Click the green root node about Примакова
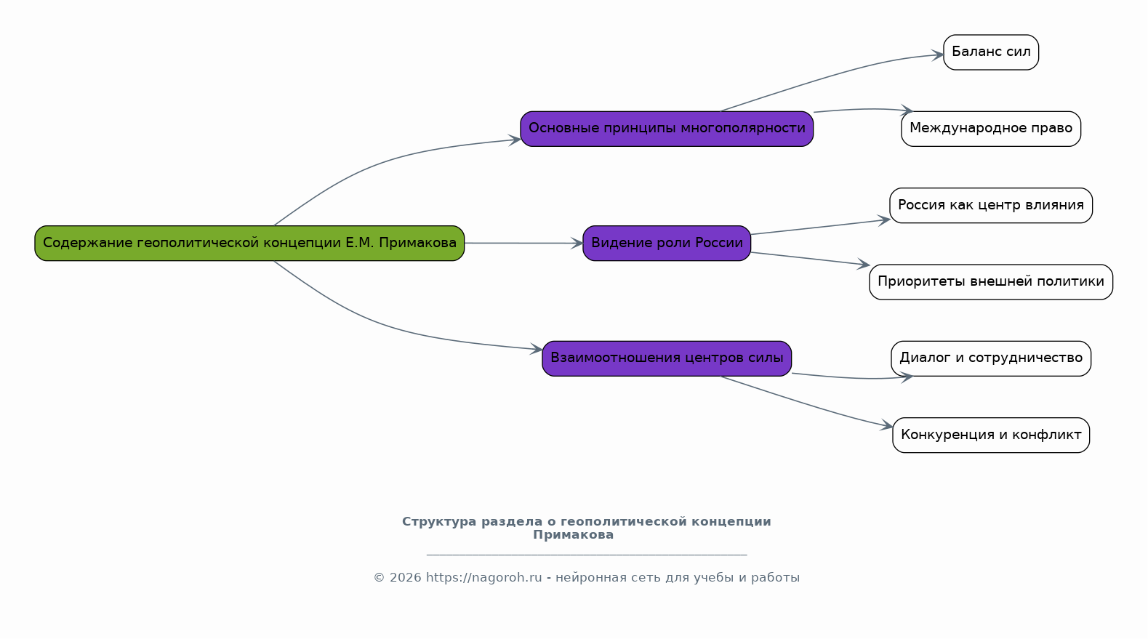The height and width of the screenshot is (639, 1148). (249, 244)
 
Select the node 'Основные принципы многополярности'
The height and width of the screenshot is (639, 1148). (667, 129)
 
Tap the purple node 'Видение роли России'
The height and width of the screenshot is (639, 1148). (667, 244)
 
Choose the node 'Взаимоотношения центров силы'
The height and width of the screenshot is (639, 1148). (667, 358)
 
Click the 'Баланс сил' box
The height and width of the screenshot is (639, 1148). (991, 52)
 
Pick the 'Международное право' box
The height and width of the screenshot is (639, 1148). (991, 129)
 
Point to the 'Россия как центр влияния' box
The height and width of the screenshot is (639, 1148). (991, 206)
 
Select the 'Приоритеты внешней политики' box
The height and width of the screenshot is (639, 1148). (991, 282)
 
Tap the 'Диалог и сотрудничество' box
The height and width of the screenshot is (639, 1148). (991, 358)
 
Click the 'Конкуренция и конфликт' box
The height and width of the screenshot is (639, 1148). (991, 435)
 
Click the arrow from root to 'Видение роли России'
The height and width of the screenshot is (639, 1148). (523, 244)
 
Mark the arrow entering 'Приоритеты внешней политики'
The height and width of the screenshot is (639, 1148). (810, 259)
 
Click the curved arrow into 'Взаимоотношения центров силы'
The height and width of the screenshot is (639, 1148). (390, 326)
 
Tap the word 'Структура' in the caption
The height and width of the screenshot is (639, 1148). (439, 522)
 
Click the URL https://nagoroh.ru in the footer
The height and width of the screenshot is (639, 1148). (483, 578)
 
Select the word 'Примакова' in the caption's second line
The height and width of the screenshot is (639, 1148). (573, 536)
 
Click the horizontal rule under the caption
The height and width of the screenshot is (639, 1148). (587, 555)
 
